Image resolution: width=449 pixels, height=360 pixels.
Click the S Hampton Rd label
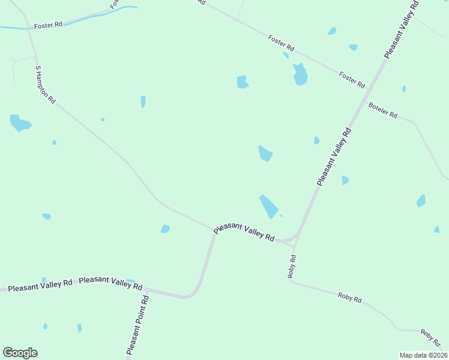click(x=45, y=85)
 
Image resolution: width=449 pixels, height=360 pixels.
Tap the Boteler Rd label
click(x=383, y=110)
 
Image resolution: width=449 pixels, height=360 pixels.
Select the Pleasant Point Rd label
click(x=137, y=325)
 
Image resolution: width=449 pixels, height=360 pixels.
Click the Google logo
click(x=20, y=353)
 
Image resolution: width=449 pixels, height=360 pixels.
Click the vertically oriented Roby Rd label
click(x=292, y=266)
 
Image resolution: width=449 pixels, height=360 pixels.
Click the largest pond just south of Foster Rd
click(x=300, y=75)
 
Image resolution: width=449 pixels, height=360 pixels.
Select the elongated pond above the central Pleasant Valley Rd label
click(x=268, y=206)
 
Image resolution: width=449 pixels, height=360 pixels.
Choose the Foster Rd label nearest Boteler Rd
click(x=352, y=80)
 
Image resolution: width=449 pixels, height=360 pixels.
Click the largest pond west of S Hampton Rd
click(x=19, y=123)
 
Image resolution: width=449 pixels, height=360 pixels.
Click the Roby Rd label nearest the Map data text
click(x=430, y=337)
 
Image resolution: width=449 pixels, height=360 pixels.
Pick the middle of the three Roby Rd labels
click(x=349, y=297)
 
